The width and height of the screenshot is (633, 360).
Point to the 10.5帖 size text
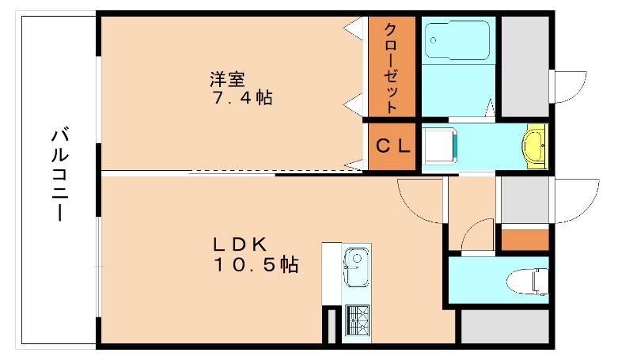255,266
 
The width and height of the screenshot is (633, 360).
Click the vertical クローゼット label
391,67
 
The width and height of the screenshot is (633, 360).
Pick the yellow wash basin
535,146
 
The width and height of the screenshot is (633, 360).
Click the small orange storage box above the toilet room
525,239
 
